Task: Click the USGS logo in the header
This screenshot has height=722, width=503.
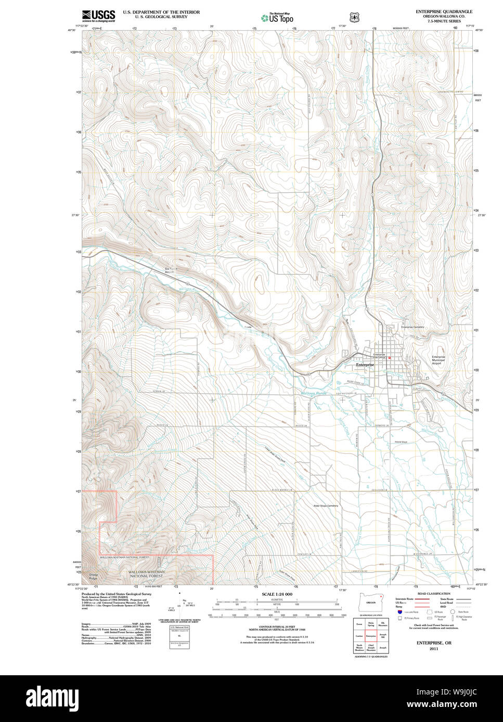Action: (98, 16)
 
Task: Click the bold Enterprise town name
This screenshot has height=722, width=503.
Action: (365, 365)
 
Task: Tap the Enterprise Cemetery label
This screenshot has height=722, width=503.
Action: (412, 327)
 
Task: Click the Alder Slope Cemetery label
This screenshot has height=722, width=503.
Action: (325, 505)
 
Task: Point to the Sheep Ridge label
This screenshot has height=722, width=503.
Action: (93, 577)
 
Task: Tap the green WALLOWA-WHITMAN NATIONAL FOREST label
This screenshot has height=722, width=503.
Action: (146, 573)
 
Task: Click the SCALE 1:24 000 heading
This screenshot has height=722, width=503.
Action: (277, 594)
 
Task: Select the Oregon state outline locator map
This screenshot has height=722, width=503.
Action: (371, 601)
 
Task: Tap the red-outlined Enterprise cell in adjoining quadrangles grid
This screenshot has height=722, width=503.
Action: (370, 635)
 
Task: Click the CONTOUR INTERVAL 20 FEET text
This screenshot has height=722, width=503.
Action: (277, 627)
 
